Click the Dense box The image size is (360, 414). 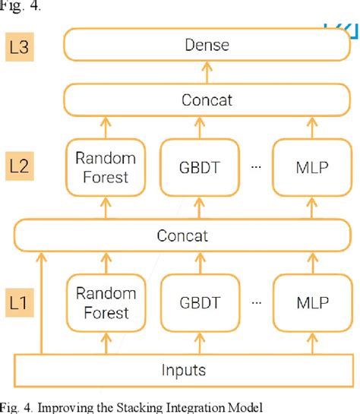207,46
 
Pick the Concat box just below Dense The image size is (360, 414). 207,100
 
